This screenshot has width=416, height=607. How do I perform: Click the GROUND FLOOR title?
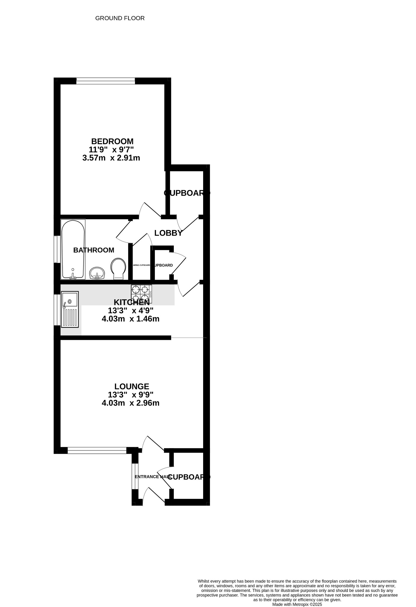(120, 18)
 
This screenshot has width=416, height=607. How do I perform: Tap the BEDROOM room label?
(112, 141)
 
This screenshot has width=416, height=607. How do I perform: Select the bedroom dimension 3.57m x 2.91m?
(111, 158)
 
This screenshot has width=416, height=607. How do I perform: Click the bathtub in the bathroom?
(73, 249)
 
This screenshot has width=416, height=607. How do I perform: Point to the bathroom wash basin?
(97, 273)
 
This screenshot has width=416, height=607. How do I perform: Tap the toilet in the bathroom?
(118, 269)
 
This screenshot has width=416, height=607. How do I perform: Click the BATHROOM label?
(94, 250)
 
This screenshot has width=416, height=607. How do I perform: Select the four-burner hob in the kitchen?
(142, 294)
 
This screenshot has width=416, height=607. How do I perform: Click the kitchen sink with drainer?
(70, 309)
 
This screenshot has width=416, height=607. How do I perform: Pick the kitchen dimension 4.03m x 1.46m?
(130, 319)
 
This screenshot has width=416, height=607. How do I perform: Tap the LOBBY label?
(168, 233)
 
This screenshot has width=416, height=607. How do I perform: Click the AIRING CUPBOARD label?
(142, 265)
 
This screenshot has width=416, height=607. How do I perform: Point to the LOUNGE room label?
(132, 386)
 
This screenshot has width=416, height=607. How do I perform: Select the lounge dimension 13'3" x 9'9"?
(131, 395)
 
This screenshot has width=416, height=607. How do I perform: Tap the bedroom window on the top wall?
(106, 81)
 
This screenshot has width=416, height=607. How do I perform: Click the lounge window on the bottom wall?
(97, 451)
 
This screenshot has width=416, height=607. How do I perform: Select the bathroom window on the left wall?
(56, 249)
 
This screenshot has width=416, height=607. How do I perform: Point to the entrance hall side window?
(135, 476)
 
